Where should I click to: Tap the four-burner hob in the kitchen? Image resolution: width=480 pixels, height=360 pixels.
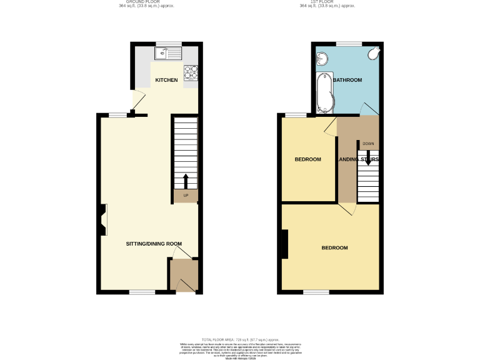click(191, 73)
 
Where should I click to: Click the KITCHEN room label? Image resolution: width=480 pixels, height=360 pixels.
click(166, 80)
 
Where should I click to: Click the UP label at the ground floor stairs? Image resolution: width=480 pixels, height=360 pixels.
click(186, 196)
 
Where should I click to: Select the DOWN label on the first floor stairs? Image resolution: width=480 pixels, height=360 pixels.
click(368, 144)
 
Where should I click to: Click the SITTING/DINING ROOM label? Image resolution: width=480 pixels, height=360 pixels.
click(154, 243)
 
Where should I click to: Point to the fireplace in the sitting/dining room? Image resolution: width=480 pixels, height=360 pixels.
click(101, 221)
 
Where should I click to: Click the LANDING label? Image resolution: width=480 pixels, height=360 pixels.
click(346, 159)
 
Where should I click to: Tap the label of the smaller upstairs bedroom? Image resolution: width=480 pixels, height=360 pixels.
click(307, 159)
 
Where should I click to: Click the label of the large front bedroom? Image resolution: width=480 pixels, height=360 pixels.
click(334, 248)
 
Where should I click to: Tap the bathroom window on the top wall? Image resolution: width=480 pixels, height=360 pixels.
click(349, 43)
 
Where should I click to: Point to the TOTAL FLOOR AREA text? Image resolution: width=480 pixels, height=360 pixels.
click(240, 337)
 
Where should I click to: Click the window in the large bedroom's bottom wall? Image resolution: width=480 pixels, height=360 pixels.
click(316, 292)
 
